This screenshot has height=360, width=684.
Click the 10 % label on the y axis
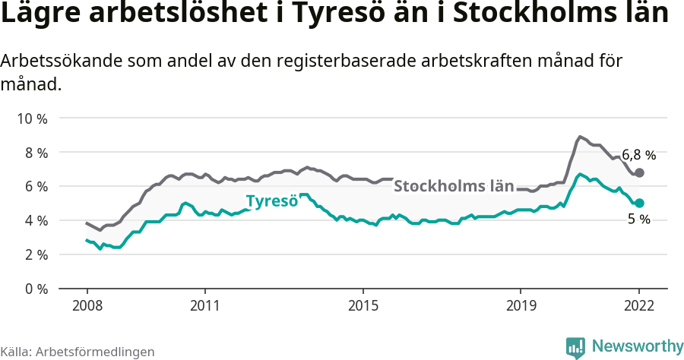click(32, 118)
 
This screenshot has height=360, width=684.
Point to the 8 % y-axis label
click(36, 153)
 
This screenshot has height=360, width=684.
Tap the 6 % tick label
click(36, 187)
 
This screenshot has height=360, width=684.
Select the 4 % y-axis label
click(36, 220)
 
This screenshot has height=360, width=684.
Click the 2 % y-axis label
click(36, 254)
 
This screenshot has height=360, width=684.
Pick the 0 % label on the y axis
click(36, 289)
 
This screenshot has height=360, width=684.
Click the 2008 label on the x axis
click(87, 306)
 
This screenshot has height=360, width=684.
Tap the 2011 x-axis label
click(205, 306)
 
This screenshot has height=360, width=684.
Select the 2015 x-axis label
click(363, 306)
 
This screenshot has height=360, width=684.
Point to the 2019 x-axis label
click(521, 306)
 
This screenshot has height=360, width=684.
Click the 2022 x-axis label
click(639, 306)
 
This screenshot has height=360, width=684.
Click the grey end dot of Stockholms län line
click(640, 173)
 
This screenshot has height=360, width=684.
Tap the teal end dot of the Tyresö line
click(640, 203)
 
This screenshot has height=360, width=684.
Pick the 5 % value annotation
click(639, 219)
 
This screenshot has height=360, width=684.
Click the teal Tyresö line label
click(271, 202)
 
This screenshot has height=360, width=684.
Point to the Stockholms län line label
click(454, 186)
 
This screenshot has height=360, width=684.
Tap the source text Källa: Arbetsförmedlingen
click(78, 352)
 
